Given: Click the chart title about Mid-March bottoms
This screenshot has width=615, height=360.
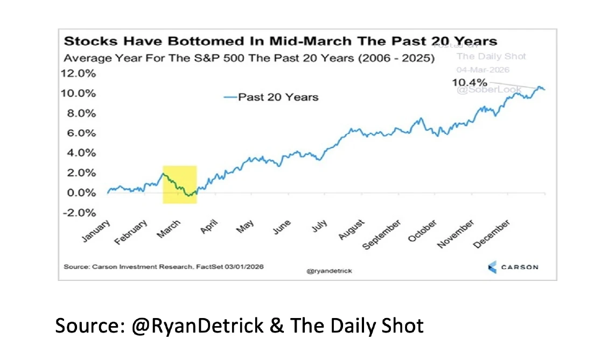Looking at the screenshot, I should pyautogui.click(x=280, y=41).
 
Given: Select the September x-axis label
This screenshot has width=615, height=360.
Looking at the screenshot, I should pyautogui.click(x=382, y=235).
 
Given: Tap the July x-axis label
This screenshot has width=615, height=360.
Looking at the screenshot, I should pyautogui.click(x=320, y=226).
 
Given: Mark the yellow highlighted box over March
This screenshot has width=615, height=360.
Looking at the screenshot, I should pyautogui.click(x=180, y=185).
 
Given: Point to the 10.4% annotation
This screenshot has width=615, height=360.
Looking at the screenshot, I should pyautogui.click(x=469, y=82).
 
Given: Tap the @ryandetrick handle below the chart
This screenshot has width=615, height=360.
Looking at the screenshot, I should pyautogui.click(x=329, y=271).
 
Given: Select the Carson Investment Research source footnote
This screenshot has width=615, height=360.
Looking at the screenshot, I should pyautogui.click(x=164, y=266).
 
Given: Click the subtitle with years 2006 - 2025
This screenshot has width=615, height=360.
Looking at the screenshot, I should pyautogui.click(x=249, y=58).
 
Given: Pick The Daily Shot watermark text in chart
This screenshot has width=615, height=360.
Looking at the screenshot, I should pyautogui.click(x=491, y=57).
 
